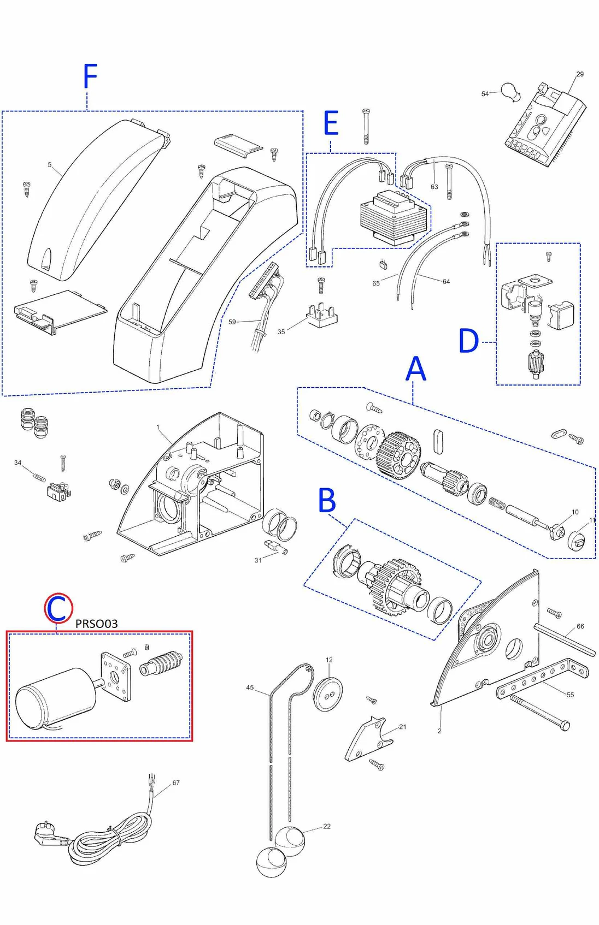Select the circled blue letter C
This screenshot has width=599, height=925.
[x=58, y=608]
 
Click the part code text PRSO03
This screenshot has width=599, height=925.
[x=96, y=624]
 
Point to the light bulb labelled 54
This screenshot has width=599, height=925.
[x=510, y=92]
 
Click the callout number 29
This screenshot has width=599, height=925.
[x=580, y=74]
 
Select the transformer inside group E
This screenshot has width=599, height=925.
[x=392, y=217]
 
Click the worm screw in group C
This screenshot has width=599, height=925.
[x=162, y=663]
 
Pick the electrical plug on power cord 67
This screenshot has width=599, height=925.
[x=48, y=834]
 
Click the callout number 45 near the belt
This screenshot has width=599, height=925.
[x=250, y=687]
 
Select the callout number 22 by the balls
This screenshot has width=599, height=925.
[x=327, y=826]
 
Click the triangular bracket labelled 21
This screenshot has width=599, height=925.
[x=367, y=740]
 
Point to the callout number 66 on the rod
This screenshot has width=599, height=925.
[x=580, y=626]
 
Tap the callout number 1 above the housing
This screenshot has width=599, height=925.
[x=158, y=428]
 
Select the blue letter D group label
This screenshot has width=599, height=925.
[x=468, y=341]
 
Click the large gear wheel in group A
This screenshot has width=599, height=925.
[x=399, y=455]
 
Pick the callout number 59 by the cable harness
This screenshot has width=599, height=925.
[x=232, y=322]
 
